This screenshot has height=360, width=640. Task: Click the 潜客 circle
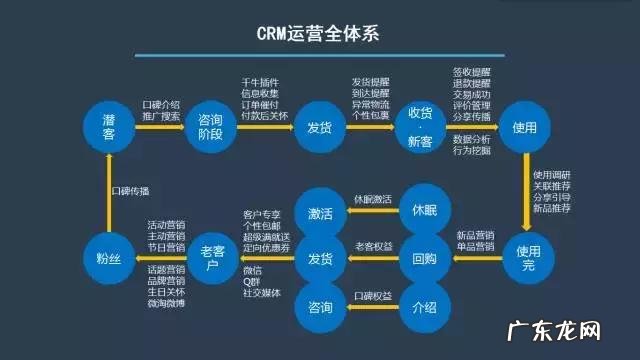click(x=109, y=128)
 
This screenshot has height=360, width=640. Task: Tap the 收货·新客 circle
click(x=420, y=128)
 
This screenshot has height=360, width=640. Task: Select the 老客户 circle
click(x=213, y=258)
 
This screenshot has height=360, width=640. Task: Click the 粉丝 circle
click(x=109, y=258)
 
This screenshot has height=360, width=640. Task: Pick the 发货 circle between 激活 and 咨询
click(x=320, y=258)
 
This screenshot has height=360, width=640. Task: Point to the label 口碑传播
click(x=130, y=189)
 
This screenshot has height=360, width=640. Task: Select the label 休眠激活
click(x=370, y=199)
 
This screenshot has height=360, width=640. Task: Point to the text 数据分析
click(x=471, y=139)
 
